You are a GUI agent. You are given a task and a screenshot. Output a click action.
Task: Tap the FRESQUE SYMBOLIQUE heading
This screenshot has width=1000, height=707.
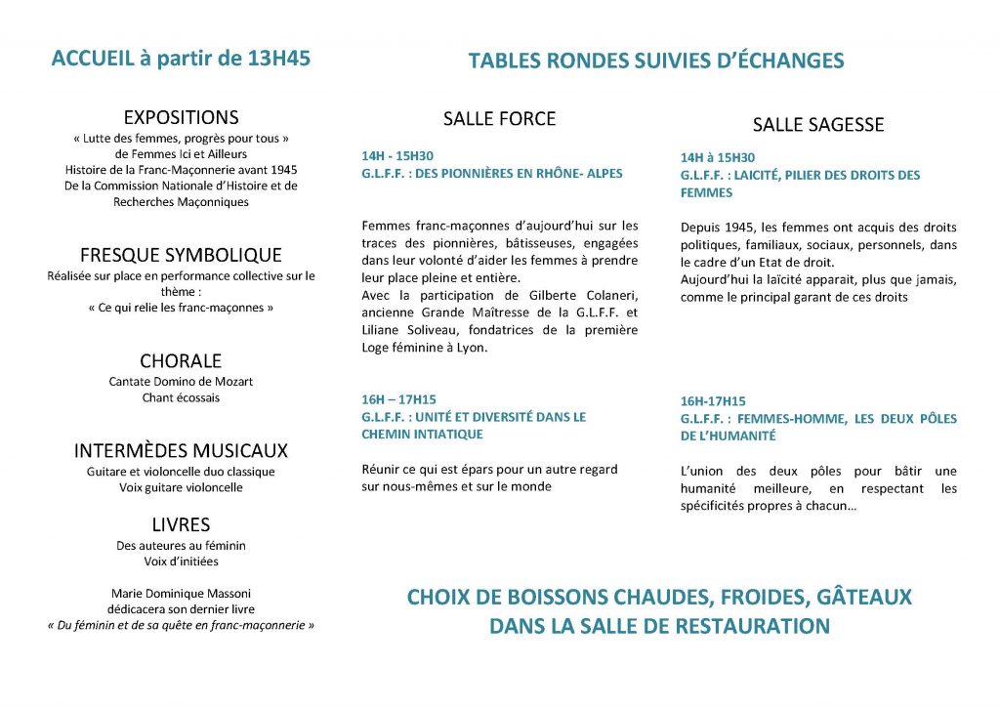click(x=181, y=255)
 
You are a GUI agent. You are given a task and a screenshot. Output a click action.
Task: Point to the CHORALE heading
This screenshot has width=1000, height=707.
click(x=181, y=360)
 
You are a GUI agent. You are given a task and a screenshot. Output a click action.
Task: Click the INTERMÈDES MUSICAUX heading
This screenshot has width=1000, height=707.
click(x=181, y=450)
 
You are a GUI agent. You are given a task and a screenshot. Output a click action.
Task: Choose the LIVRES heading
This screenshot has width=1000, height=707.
click(x=181, y=524)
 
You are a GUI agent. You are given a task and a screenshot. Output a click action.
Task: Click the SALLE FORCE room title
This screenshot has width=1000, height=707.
click(x=499, y=119)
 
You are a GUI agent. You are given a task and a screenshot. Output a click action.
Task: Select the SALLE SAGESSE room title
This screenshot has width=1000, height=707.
click(x=817, y=125)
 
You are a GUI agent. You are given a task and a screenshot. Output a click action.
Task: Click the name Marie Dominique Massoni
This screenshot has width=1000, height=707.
click(x=181, y=593)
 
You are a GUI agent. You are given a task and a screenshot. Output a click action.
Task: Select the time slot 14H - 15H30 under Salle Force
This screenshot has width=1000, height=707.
click(x=396, y=155)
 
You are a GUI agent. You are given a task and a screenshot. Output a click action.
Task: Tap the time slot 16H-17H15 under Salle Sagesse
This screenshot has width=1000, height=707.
click(x=713, y=401)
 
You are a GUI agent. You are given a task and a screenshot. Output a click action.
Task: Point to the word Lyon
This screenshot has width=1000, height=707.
click(x=471, y=348)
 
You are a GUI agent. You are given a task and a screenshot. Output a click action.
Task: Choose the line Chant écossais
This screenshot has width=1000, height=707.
click(x=181, y=397)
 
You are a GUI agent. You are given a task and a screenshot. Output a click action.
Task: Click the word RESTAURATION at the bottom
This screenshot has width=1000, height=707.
click(x=737, y=626)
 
